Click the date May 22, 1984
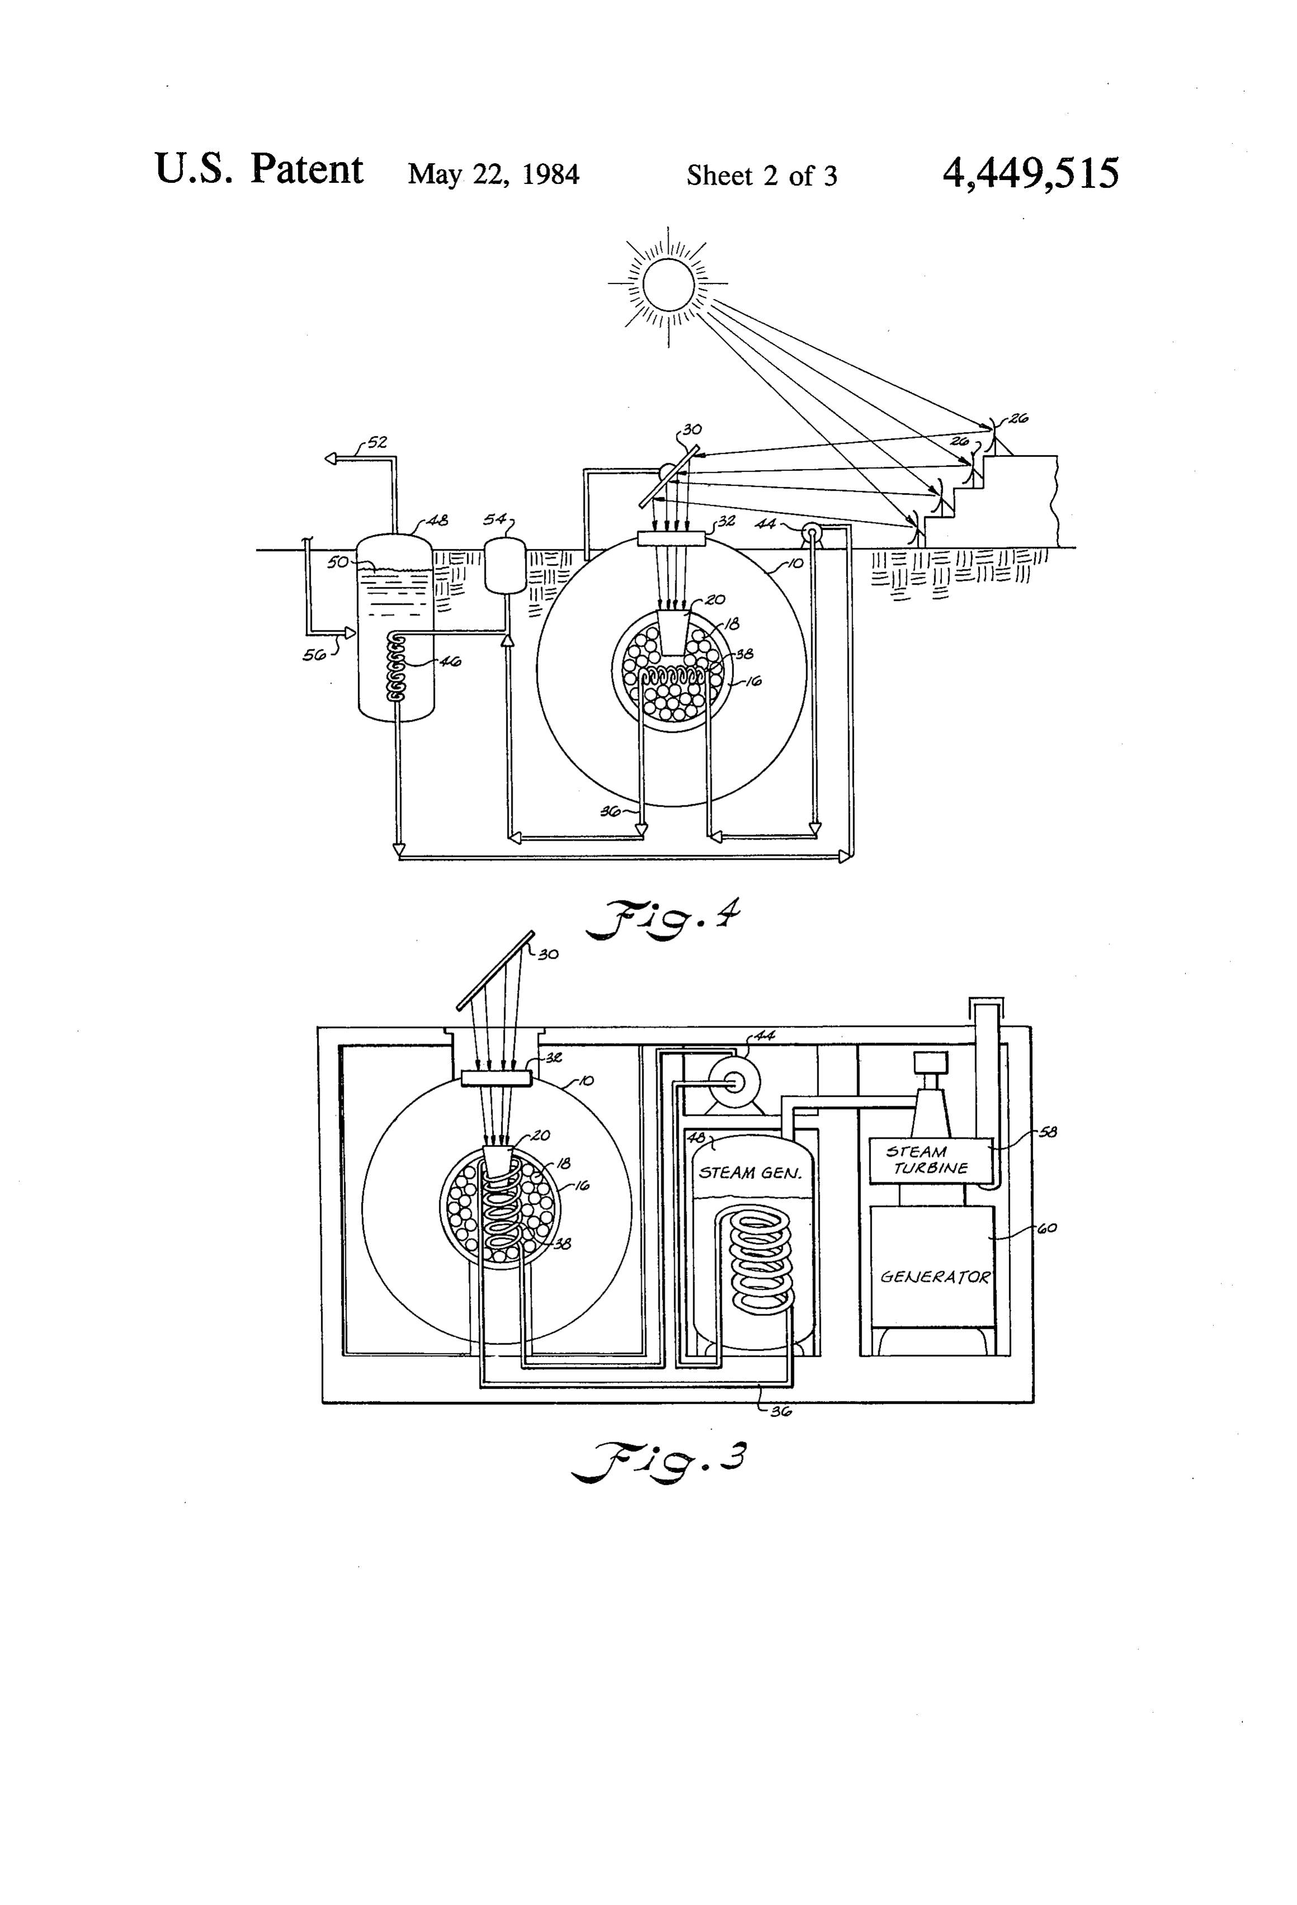click(x=494, y=174)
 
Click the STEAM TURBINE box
click(x=930, y=1160)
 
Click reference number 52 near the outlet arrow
click(x=376, y=443)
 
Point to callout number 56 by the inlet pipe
click(x=314, y=654)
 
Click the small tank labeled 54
click(x=505, y=564)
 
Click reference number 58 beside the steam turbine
click(x=1047, y=1132)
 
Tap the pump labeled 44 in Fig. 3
click(x=733, y=1083)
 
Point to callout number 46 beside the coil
click(x=450, y=661)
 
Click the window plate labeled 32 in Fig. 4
click(x=671, y=538)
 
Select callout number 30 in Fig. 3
click(x=548, y=954)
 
